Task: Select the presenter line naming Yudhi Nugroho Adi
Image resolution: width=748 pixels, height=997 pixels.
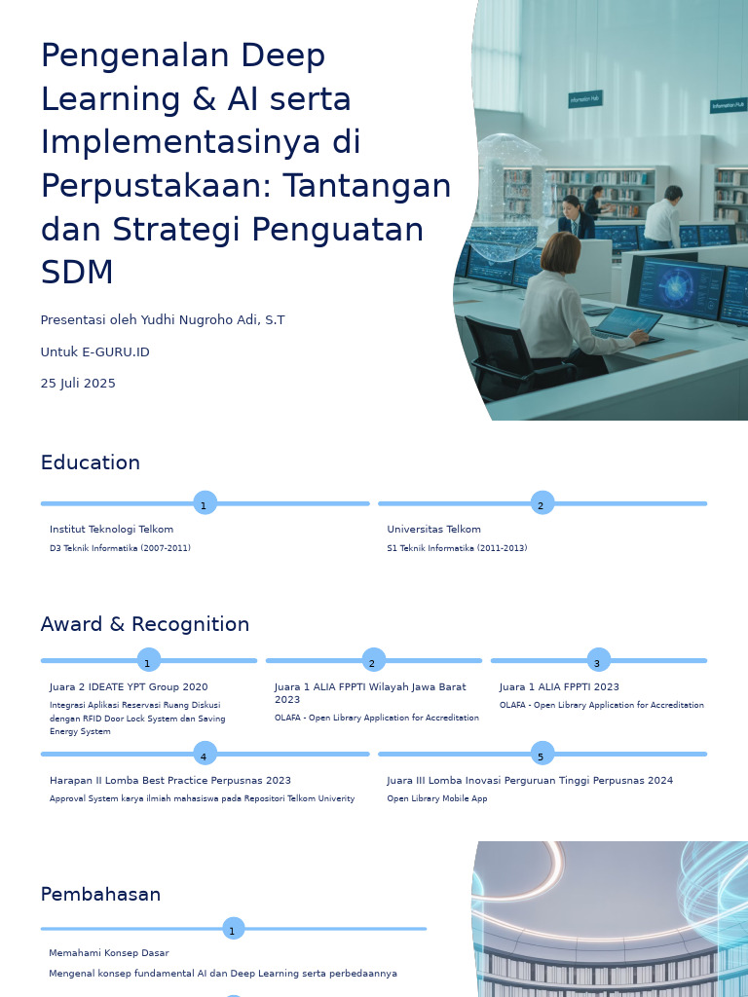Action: [163, 320]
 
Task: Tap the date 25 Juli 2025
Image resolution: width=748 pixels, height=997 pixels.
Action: [78, 384]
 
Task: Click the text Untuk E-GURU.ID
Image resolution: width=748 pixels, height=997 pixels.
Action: [94, 352]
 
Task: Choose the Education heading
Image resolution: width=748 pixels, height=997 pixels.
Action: [91, 462]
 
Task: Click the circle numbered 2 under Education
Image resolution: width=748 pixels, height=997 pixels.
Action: [542, 503]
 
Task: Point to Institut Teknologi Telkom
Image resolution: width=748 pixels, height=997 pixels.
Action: [111, 530]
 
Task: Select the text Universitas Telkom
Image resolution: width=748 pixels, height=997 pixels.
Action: [433, 530]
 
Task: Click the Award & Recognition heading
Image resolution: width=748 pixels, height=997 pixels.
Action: [145, 624]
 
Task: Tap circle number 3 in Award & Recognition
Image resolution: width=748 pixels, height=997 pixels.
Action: [598, 661]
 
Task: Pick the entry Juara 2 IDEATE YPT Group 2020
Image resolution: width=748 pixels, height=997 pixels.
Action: [129, 687]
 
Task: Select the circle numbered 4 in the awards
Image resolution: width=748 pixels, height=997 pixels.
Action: [204, 755]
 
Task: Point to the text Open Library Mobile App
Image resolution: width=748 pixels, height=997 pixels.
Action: [436, 799]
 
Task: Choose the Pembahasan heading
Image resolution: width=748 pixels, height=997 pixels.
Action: [100, 894]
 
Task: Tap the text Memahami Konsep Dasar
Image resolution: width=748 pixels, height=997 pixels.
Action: [109, 953]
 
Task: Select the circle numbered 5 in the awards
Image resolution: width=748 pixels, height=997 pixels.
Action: [542, 755]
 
